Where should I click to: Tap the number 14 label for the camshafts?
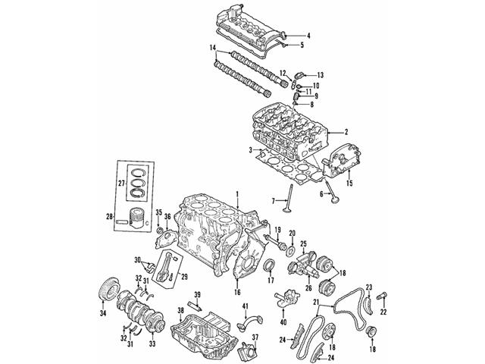click(214, 49)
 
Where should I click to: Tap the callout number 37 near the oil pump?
click(255, 337)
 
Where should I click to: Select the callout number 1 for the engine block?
click(237, 194)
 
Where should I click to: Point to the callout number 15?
click(349, 183)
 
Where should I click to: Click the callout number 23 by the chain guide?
click(369, 286)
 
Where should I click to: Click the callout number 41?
click(246, 306)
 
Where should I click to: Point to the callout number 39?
click(197, 294)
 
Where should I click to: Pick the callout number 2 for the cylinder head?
click(346, 131)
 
